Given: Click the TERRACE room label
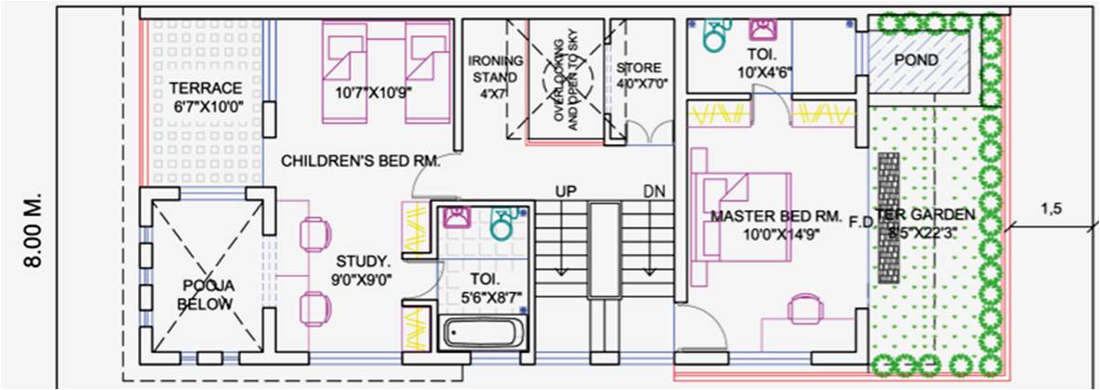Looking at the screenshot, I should pyautogui.click(x=206, y=87).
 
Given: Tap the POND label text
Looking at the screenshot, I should pyautogui.click(x=917, y=61).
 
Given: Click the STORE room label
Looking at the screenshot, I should pyautogui.click(x=638, y=68).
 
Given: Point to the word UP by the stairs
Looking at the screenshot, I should pyautogui.click(x=566, y=191).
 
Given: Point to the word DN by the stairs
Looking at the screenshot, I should pyautogui.click(x=653, y=191).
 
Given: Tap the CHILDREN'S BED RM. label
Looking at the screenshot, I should pyautogui.click(x=360, y=161).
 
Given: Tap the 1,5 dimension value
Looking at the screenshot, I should pyautogui.click(x=1052, y=209).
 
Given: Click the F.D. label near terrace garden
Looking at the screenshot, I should pyautogui.click(x=862, y=222).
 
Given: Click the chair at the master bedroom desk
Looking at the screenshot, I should pyautogui.click(x=803, y=308).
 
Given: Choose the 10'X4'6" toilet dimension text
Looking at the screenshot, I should pyautogui.click(x=764, y=71).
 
